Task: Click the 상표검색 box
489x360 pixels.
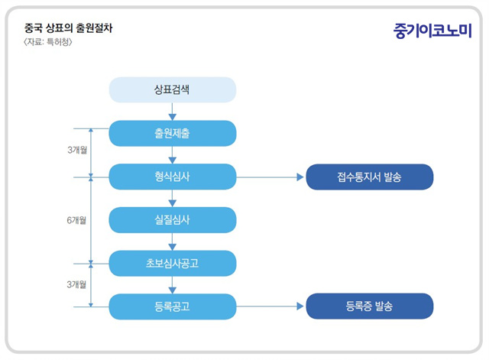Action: pos(173,90)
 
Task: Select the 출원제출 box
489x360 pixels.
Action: pos(173,133)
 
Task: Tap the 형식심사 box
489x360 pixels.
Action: pos(173,177)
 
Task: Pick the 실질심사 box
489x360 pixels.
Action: pos(173,220)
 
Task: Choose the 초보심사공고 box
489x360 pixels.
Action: pos(173,263)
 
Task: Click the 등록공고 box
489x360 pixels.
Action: pos(173,306)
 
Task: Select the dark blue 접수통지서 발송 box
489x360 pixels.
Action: pos(370,177)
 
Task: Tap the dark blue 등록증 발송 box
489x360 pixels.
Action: pos(370,306)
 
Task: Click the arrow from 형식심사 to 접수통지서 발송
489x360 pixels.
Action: pos(270,177)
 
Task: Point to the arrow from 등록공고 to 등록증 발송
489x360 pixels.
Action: pos(270,306)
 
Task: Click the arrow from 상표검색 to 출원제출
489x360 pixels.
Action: pos(173,112)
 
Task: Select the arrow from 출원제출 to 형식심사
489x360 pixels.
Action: pos(173,155)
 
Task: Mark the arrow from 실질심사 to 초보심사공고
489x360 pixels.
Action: pos(173,242)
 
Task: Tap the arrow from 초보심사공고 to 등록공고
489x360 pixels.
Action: pos(173,285)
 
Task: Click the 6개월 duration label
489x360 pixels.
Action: pos(76,220)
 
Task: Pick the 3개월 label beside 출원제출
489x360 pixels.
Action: pos(77,150)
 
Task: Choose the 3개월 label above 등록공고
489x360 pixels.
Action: pos(76,284)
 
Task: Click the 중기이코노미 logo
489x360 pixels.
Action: pos(432,31)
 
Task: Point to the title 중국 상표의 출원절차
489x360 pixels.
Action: pos(68,28)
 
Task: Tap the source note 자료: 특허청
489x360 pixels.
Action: pos(48,42)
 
